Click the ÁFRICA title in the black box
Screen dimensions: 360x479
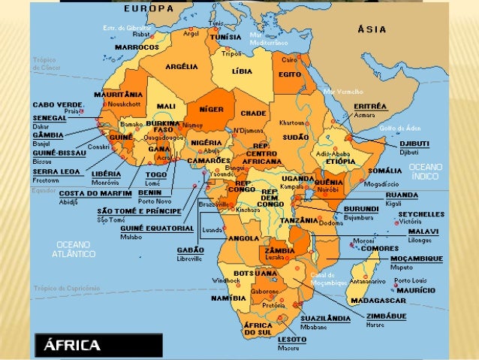[x=72, y=346]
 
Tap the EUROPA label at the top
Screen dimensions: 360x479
[x=148, y=8]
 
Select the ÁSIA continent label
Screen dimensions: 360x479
[x=372, y=30]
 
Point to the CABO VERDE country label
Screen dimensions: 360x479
[x=57, y=104]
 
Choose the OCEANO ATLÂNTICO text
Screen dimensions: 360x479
[x=74, y=250]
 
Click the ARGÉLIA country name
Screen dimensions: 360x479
[x=181, y=67]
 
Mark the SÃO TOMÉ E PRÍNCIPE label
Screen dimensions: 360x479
[x=137, y=211]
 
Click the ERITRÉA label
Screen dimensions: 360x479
[x=370, y=107]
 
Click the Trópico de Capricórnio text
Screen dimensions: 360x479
[x=66, y=289]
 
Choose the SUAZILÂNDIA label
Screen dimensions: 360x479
[x=325, y=319]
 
